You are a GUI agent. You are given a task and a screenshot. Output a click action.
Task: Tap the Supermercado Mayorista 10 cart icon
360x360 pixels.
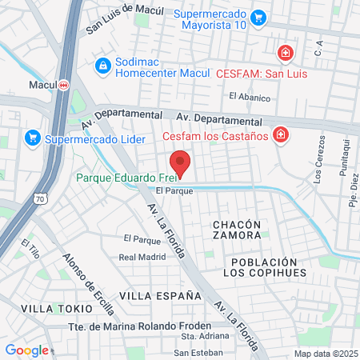pos(258,17)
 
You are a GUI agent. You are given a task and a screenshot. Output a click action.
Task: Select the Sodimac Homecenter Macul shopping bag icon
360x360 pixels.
pos(102,65)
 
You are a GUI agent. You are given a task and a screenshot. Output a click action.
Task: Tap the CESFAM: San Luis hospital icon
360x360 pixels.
pos(284,54)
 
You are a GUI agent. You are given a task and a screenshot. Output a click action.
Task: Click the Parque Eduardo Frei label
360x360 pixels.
pos(124,178)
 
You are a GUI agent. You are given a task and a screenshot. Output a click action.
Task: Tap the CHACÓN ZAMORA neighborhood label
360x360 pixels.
pos(237,230)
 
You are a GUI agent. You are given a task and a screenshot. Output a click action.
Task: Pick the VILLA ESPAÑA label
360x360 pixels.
pos(160,295)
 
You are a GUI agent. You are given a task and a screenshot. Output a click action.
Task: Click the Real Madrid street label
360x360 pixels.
pos(142,257)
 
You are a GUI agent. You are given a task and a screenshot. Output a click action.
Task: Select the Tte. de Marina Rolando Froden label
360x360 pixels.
pos(139,326)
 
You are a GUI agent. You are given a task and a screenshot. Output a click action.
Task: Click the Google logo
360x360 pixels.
pos(26,350)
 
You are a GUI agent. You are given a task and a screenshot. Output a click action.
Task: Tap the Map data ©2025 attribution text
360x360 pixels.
pos(325,354)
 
